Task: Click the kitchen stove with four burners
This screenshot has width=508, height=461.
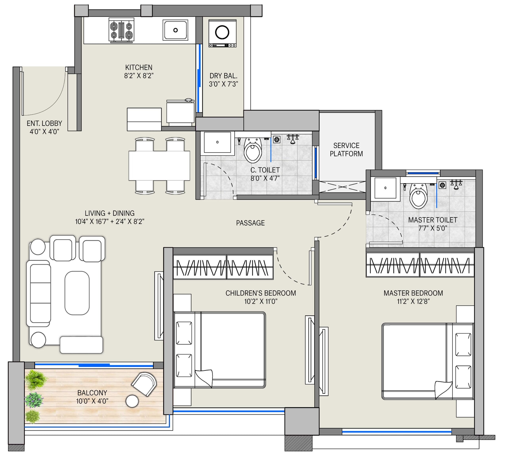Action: (x=121, y=30)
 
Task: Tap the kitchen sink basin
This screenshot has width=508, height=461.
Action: (x=175, y=30)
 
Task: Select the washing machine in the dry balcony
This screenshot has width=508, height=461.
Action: (x=222, y=33)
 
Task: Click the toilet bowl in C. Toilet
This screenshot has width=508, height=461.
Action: (x=253, y=150)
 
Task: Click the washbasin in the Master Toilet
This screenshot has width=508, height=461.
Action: (x=385, y=188)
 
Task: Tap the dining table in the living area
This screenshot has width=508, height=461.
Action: (x=159, y=166)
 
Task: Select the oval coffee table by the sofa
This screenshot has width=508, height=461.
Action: (x=77, y=293)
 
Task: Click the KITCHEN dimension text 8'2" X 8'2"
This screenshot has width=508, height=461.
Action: (x=139, y=76)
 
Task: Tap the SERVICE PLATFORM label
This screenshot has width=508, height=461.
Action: (x=346, y=150)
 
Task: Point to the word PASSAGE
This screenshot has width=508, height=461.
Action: (x=250, y=223)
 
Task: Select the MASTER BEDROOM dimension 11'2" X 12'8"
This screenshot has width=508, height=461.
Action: (x=413, y=301)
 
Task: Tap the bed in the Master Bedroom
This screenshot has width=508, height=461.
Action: (x=428, y=361)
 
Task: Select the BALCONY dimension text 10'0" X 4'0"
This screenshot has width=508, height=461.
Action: (x=92, y=401)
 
